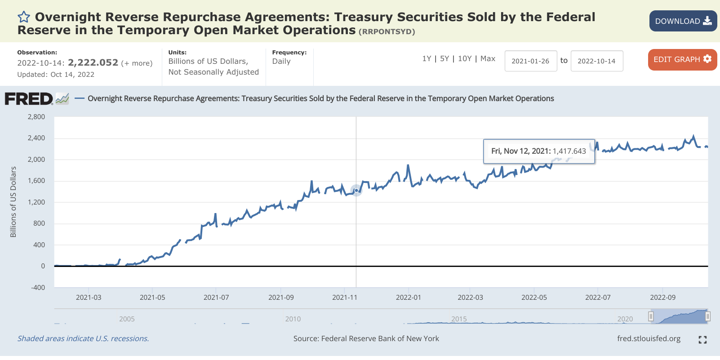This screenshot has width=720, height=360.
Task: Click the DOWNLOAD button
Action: point(683,21)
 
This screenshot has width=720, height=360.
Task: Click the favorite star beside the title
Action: point(24,17)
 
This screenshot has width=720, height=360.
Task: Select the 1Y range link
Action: point(427,58)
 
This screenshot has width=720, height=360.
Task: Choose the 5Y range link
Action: point(444,58)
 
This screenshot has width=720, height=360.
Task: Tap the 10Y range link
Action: point(465,58)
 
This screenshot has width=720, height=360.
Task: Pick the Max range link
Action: point(488,58)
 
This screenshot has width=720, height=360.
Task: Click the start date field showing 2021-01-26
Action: point(530,61)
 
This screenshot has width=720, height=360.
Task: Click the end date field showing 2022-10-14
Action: point(596,61)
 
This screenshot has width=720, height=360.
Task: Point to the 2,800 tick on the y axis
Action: point(36,117)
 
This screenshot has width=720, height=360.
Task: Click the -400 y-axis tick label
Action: point(38,288)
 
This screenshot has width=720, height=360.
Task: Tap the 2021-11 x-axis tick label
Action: point(345,298)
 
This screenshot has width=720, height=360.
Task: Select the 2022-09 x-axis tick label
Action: point(662,298)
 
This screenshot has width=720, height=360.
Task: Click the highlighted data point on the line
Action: point(356,191)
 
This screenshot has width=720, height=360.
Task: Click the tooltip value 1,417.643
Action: point(569,151)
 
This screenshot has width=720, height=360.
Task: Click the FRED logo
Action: point(29,98)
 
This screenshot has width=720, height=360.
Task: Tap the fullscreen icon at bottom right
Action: point(702,340)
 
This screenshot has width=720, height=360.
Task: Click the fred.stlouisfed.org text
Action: point(649,338)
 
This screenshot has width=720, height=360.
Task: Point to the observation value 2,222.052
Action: point(93,62)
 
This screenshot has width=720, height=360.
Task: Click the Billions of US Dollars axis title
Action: point(13,202)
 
